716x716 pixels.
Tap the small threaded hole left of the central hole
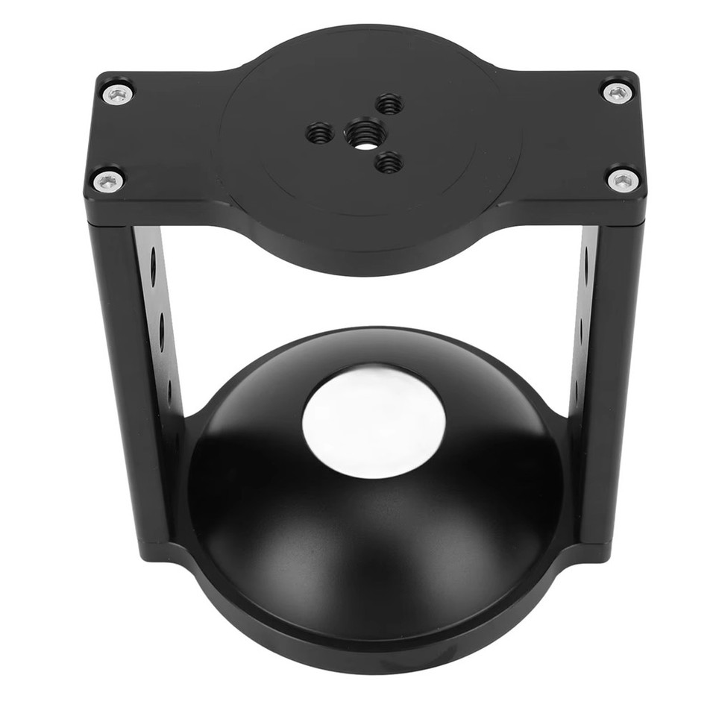click(320, 134)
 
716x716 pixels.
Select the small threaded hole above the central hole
click(389, 104)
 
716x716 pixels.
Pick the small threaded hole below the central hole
click(389, 162)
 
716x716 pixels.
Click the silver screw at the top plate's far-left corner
click(118, 94)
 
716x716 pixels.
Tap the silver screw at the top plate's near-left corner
click(107, 180)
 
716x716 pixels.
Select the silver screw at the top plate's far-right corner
click(616, 92)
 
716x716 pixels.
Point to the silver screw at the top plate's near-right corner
click(622, 179)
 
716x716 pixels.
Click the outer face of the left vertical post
click(127, 373)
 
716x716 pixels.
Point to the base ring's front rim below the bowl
click(373, 656)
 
